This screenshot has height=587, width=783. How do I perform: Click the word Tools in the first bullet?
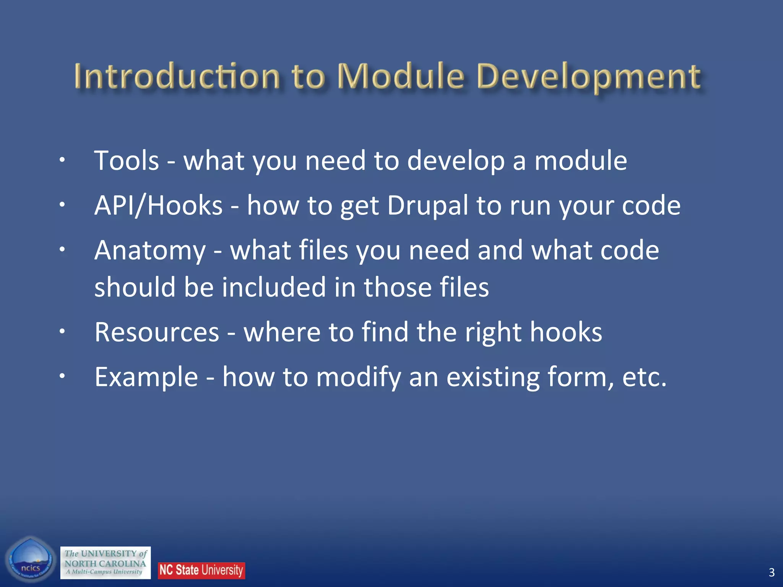tap(127, 161)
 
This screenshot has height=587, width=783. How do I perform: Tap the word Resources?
tap(157, 332)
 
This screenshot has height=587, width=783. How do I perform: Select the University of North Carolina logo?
tap(106, 563)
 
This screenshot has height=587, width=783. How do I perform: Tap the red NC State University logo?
tap(201, 570)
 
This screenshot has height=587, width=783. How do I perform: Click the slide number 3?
tap(772, 572)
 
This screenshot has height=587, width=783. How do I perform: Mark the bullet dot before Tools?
tap(62, 161)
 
